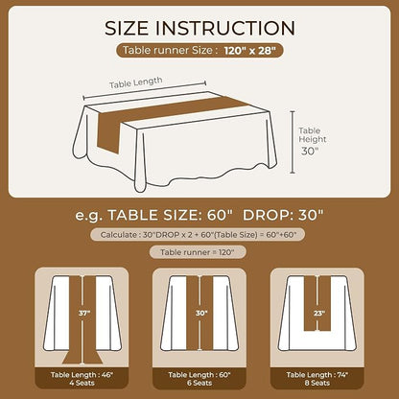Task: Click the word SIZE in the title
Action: click(127, 28)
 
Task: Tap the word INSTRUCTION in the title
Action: click(225, 28)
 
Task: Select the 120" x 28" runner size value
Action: click(249, 51)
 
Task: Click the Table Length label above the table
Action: click(136, 82)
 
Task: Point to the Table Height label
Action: click(313, 135)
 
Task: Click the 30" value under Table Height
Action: click(308, 152)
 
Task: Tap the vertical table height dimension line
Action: click(293, 142)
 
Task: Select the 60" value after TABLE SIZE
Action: click(219, 215)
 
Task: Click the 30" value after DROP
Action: click(311, 215)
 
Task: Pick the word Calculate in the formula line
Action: click(119, 235)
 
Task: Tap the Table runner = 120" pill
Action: click(198, 252)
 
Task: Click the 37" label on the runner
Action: click(84, 314)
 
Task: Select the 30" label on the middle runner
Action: click(201, 313)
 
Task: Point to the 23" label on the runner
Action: click(319, 314)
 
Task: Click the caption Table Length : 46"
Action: click(82, 375)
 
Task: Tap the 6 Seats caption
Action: click(199, 383)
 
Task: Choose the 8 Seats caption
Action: click(317, 383)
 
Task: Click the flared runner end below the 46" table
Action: click(82, 358)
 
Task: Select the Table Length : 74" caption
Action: click(317, 375)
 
